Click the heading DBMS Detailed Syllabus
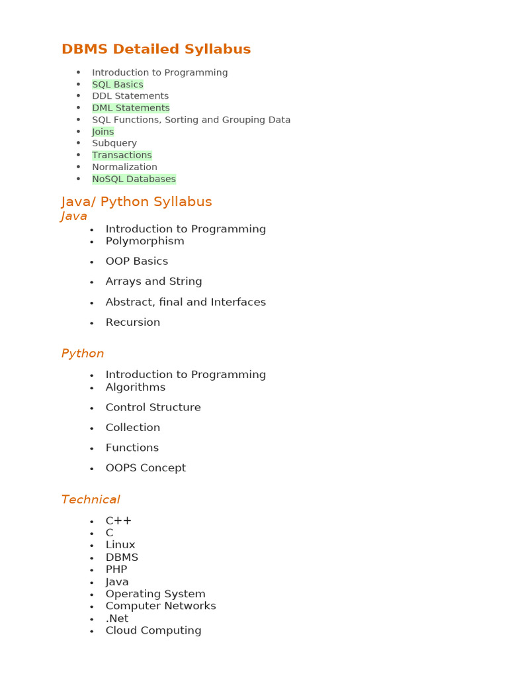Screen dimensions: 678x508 [x=156, y=50]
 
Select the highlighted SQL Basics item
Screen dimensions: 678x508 [x=118, y=85]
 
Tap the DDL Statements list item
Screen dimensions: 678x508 [x=130, y=96]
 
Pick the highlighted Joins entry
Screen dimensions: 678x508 [x=103, y=132]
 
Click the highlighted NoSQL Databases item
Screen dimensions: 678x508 [x=134, y=179]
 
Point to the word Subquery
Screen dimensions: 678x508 [x=114, y=143]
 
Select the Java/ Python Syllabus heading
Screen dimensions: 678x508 [x=137, y=202]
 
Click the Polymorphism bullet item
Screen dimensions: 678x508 [x=145, y=241]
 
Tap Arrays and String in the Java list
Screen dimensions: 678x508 [x=153, y=281]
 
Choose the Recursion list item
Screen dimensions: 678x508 [x=133, y=322]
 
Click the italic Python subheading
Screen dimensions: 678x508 [x=83, y=354]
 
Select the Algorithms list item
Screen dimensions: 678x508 [x=136, y=387]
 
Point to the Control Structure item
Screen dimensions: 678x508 [x=153, y=407]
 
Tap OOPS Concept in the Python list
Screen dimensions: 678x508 [x=146, y=468]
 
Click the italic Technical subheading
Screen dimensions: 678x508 [x=91, y=500]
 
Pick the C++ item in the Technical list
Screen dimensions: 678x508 [x=118, y=521]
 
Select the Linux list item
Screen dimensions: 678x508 [x=120, y=545]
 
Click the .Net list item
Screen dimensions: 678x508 [x=117, y=618]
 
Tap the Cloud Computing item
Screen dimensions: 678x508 [x=153, y=630]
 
